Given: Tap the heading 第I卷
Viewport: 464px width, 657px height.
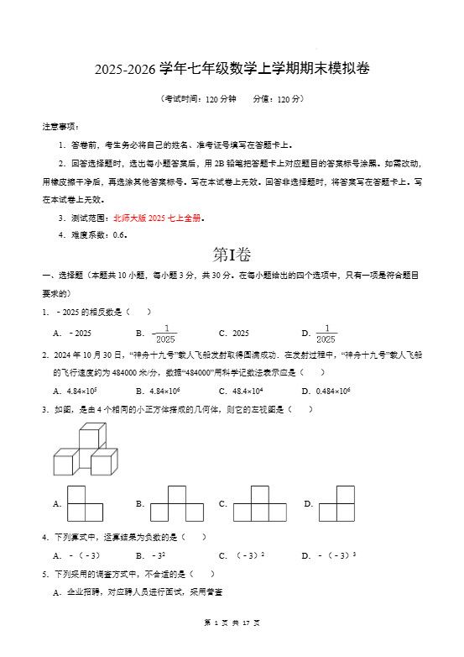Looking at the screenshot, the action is [x=232, y=255].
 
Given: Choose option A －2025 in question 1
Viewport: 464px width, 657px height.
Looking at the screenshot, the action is [x=73, y=333].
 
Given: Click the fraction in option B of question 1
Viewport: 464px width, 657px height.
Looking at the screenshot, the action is [x=165, y=334].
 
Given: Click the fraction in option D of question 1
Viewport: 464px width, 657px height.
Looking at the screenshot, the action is [x=326, y=334].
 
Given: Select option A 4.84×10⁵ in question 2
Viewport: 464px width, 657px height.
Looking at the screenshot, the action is [x=76, y=391].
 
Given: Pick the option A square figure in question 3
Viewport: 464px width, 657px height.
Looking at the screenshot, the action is [x=85, y=504].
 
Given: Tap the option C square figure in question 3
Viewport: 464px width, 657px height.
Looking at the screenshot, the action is [x=260, y=504].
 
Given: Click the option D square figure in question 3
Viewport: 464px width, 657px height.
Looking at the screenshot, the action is [x=336, y=504].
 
